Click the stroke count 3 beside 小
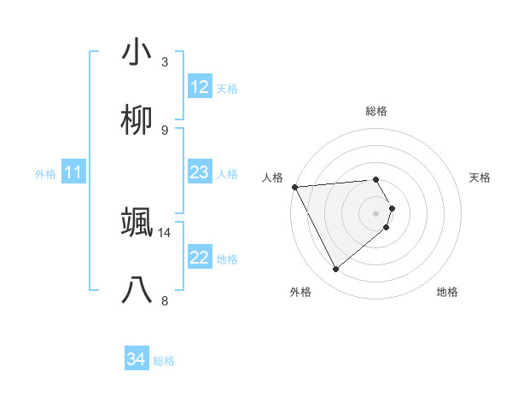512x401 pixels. click(165, 61)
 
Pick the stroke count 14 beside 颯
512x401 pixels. click(165, 232)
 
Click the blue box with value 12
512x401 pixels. click(200, 87)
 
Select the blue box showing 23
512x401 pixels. click(200, 172)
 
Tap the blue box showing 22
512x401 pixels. click(200, 258)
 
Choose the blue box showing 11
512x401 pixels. click(73, 173)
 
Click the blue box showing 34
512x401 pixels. click(137, 360)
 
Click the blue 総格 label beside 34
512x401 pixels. click(164, 361)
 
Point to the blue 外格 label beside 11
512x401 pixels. click(45, 174)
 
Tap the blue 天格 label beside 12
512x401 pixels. click(227, 88)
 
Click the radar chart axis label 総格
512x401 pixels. click(376, 111)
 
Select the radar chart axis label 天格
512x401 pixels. click(480, 177)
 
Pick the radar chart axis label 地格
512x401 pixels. click(447, 292)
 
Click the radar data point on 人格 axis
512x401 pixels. click(294, 187)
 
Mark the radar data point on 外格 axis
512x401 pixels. click(335, 270)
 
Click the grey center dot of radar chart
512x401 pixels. click(376, 212)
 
